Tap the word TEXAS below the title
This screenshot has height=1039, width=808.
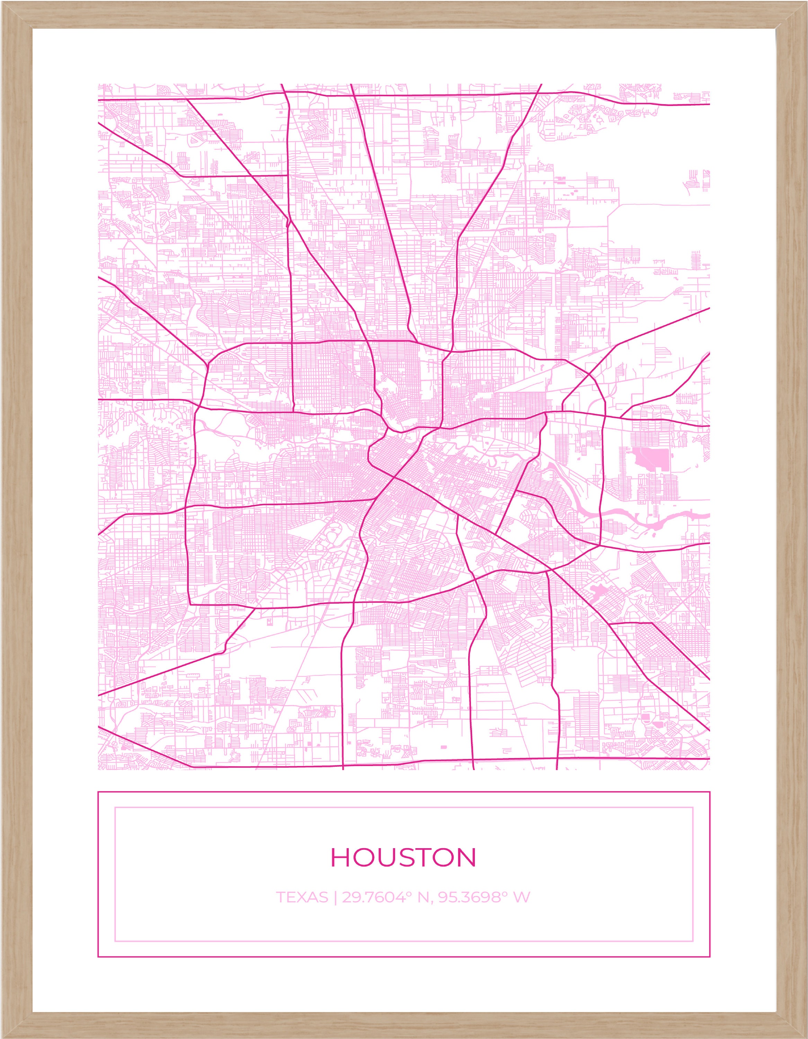coord(302,897)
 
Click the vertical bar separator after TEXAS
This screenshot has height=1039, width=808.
coord(336,898)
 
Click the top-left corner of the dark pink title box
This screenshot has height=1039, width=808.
coord(98,792)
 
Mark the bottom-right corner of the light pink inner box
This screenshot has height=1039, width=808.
coord(693,941)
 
